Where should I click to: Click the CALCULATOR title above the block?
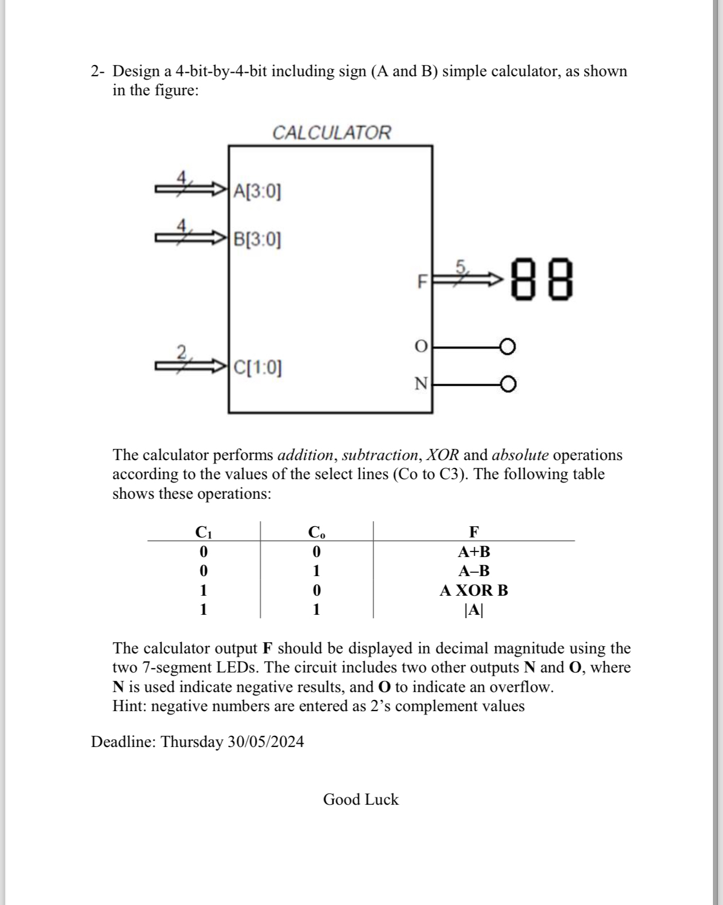click(x=331, y=133)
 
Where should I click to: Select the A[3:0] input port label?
click(x=257, y=192)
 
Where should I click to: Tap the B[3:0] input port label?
click(x=257, y=239)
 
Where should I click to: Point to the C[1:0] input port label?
click(x=257, y=368)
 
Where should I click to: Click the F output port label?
click(x=421, y=281)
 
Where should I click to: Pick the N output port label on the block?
click(x=420, y=384)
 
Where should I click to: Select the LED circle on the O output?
click(x=507, y=347)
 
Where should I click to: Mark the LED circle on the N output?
click(x=508, y=384)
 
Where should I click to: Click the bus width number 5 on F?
click(x=461, y=266)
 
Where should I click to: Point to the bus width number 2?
click(x=181, y=352)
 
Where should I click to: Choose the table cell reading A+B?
click(x=474, y=552)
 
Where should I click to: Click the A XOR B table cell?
click(x=474, y=590)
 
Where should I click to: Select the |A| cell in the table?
click(x=474, y=609)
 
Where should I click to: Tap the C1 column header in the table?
click(x=203, y=531)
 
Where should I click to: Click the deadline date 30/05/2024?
click(x=266, y=741)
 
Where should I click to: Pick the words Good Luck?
click(x=361, y=799)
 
